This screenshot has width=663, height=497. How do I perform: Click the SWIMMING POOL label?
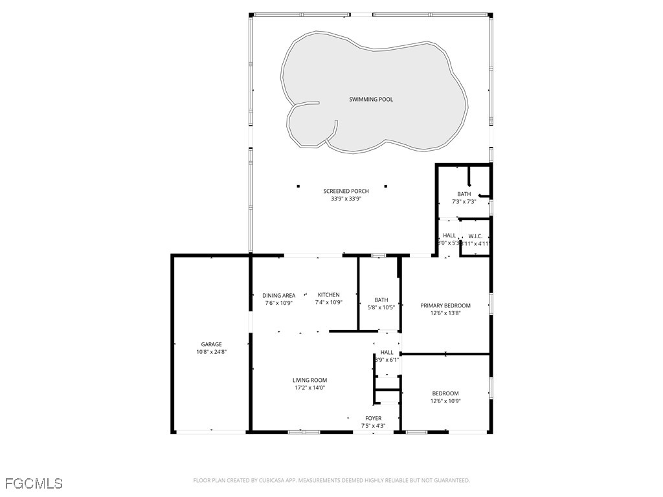click(371, 100)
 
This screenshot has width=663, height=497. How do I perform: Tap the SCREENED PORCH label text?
click(346, 191)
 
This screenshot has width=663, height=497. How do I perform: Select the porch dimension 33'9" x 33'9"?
click(346, 199)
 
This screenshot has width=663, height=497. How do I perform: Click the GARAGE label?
click(211, 344)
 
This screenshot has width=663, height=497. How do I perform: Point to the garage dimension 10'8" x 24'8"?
click(211, 352)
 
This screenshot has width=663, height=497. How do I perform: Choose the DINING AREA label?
click(278, 295)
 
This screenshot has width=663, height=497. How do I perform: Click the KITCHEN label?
click(328, 295)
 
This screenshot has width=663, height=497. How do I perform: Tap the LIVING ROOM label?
click(309, 381)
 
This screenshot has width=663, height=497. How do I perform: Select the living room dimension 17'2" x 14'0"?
click(309, 388)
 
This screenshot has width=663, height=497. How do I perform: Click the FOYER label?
click(373, 418)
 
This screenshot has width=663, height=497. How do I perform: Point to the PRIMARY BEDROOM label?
click(445, 305)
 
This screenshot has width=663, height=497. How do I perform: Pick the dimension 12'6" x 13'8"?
click(445, 313)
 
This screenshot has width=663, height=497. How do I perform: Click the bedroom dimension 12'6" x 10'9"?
click(445, 401)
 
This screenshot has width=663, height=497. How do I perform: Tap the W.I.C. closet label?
click(475, 236)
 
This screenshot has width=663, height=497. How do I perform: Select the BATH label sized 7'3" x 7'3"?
click(464, 194)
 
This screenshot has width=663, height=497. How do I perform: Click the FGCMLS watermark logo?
click(34, 483)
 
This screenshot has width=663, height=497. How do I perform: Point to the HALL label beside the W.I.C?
click(449, 236)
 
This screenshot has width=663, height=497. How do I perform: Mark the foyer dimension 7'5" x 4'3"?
click(373, 426)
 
